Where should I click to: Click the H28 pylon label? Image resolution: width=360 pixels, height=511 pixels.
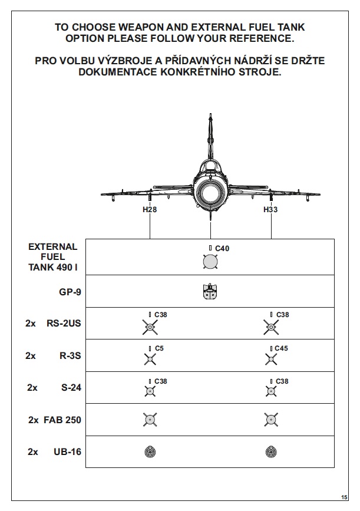150,209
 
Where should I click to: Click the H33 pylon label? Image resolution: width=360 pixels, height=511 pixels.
270,209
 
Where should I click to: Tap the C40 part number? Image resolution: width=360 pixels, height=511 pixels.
222,249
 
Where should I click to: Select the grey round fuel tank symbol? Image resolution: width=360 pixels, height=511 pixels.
210,261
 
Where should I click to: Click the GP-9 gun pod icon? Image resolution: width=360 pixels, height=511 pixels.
210,292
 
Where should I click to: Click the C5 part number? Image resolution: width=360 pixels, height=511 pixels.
159,348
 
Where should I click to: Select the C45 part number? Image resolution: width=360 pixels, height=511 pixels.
282,348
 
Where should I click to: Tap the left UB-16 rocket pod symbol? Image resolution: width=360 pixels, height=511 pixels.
150,452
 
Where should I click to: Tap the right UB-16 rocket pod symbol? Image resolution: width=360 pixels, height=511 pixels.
271,452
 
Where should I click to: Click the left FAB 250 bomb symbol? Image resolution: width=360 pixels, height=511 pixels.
150,420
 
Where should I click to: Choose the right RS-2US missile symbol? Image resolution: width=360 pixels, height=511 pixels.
271,326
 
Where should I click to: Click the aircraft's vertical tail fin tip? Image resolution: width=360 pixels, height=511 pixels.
210,117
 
